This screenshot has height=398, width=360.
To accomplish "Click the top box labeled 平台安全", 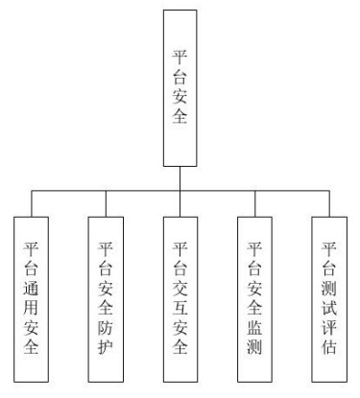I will click(x=180, y=87).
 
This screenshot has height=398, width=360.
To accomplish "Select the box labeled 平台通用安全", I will click(x=32, y=298).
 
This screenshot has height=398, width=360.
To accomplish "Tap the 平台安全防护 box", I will click(x=106, y=298).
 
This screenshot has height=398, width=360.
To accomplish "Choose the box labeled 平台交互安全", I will click(x=180, y=298).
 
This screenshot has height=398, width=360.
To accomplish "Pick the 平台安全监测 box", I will click(x=254, y=298).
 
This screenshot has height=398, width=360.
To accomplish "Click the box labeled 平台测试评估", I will click(x=328, y=298).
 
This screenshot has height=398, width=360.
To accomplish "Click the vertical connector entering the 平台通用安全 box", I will click(x=32, y=202).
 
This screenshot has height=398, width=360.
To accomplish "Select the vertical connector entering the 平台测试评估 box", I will click(x=328, y=202).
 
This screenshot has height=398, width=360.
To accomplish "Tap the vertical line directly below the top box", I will click(x=180, y=177).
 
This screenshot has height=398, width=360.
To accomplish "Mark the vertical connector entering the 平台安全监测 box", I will click(x=254, y=202).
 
